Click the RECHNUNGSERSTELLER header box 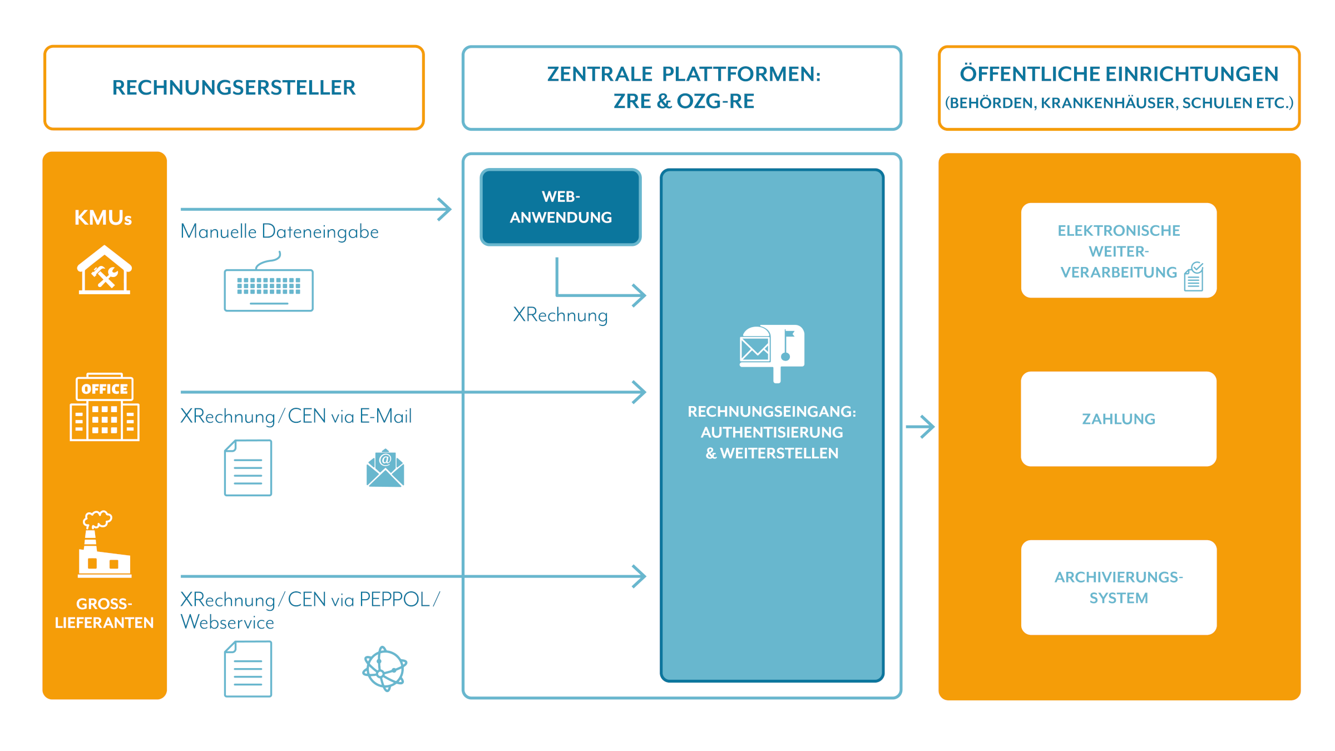(x=234, y=88)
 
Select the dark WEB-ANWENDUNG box (x=561, y=207)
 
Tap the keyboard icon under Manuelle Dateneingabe (x=269, y=288)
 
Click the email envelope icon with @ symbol (x=385, y=468)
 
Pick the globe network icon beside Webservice (x=384, y=669)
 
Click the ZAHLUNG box (x=1119, y=419)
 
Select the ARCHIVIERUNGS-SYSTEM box (x=1119, y=587)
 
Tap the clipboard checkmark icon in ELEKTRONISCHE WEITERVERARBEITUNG (x=1194, y=277)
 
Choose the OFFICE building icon (x=105, y=407)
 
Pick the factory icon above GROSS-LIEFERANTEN (x=103, y=545)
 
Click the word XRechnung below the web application (x=560, y=315)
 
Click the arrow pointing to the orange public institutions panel (x=920, y=427)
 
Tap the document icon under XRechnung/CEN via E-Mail (x=248, y=468)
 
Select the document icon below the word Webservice (x=248, y=669)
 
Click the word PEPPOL (x=394, y=600)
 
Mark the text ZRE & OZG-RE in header (x=684, y=101)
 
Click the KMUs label (x=103, y=218)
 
